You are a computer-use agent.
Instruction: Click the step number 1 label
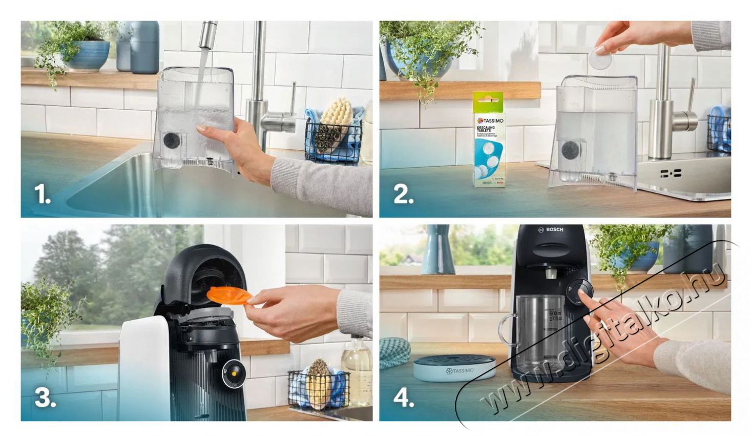[42, 194]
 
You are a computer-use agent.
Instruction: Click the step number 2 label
[403, 194]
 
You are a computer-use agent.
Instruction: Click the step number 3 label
[45, 398]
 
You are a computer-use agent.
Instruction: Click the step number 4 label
[404, 398]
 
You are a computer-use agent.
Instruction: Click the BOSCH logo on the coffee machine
[551, 230]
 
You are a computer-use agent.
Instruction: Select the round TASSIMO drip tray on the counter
[453, 369]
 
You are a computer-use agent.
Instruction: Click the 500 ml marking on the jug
[555, 313]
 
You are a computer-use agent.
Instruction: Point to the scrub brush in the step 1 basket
[332, 123]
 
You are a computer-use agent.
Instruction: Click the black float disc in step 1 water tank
[171, 140]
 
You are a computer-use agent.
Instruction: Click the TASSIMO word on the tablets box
[491, 121]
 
